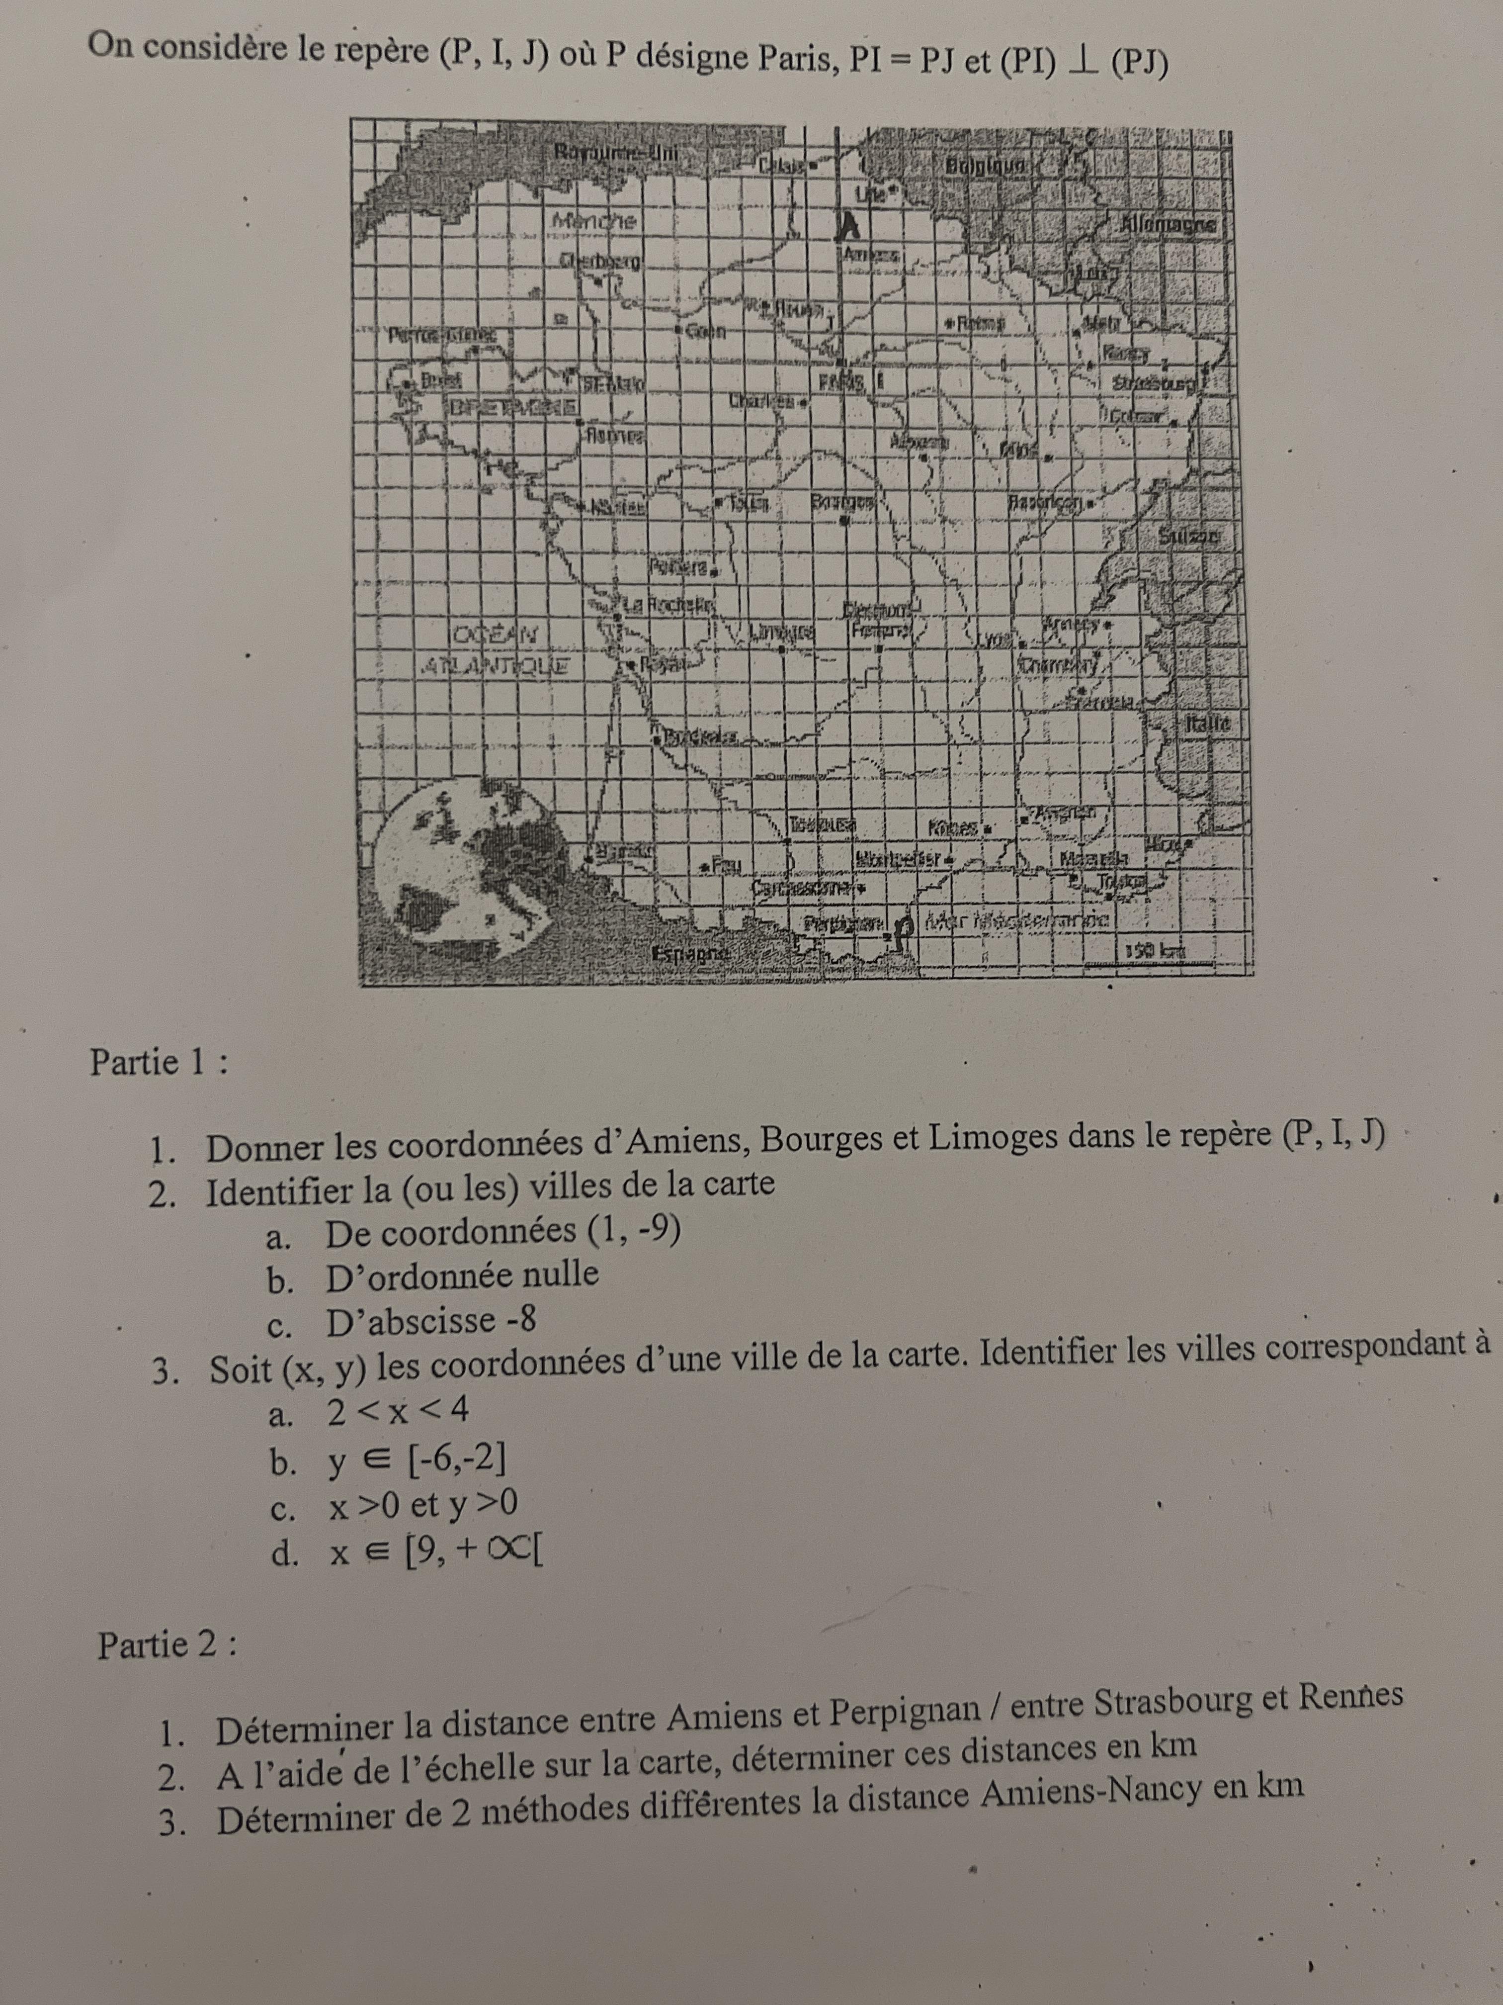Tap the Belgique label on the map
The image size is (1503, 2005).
986,167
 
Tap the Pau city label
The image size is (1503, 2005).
725,863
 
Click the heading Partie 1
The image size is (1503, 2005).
159,1061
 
